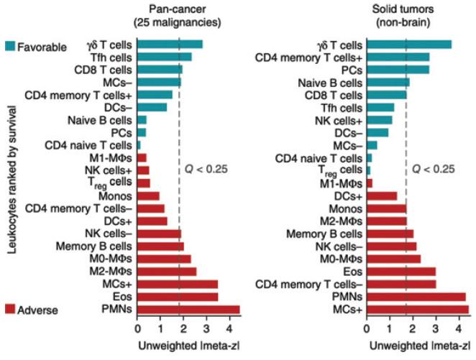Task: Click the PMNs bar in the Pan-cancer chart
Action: [x=188, y=310]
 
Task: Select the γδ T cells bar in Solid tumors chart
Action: [x=409, y=45]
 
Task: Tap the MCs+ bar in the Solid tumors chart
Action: [x=418, y=310]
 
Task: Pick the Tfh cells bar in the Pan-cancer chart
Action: [x=165, y=57]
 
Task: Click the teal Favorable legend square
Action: [x=9, y=45]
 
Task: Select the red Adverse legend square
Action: [x=9, y=310]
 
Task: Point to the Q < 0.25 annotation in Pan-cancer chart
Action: [x=201, y=169]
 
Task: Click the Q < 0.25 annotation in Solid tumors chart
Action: [x=434, y=169]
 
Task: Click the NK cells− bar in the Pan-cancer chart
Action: [x=159, y=233]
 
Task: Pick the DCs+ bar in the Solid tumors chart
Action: [x=382, y=195]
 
